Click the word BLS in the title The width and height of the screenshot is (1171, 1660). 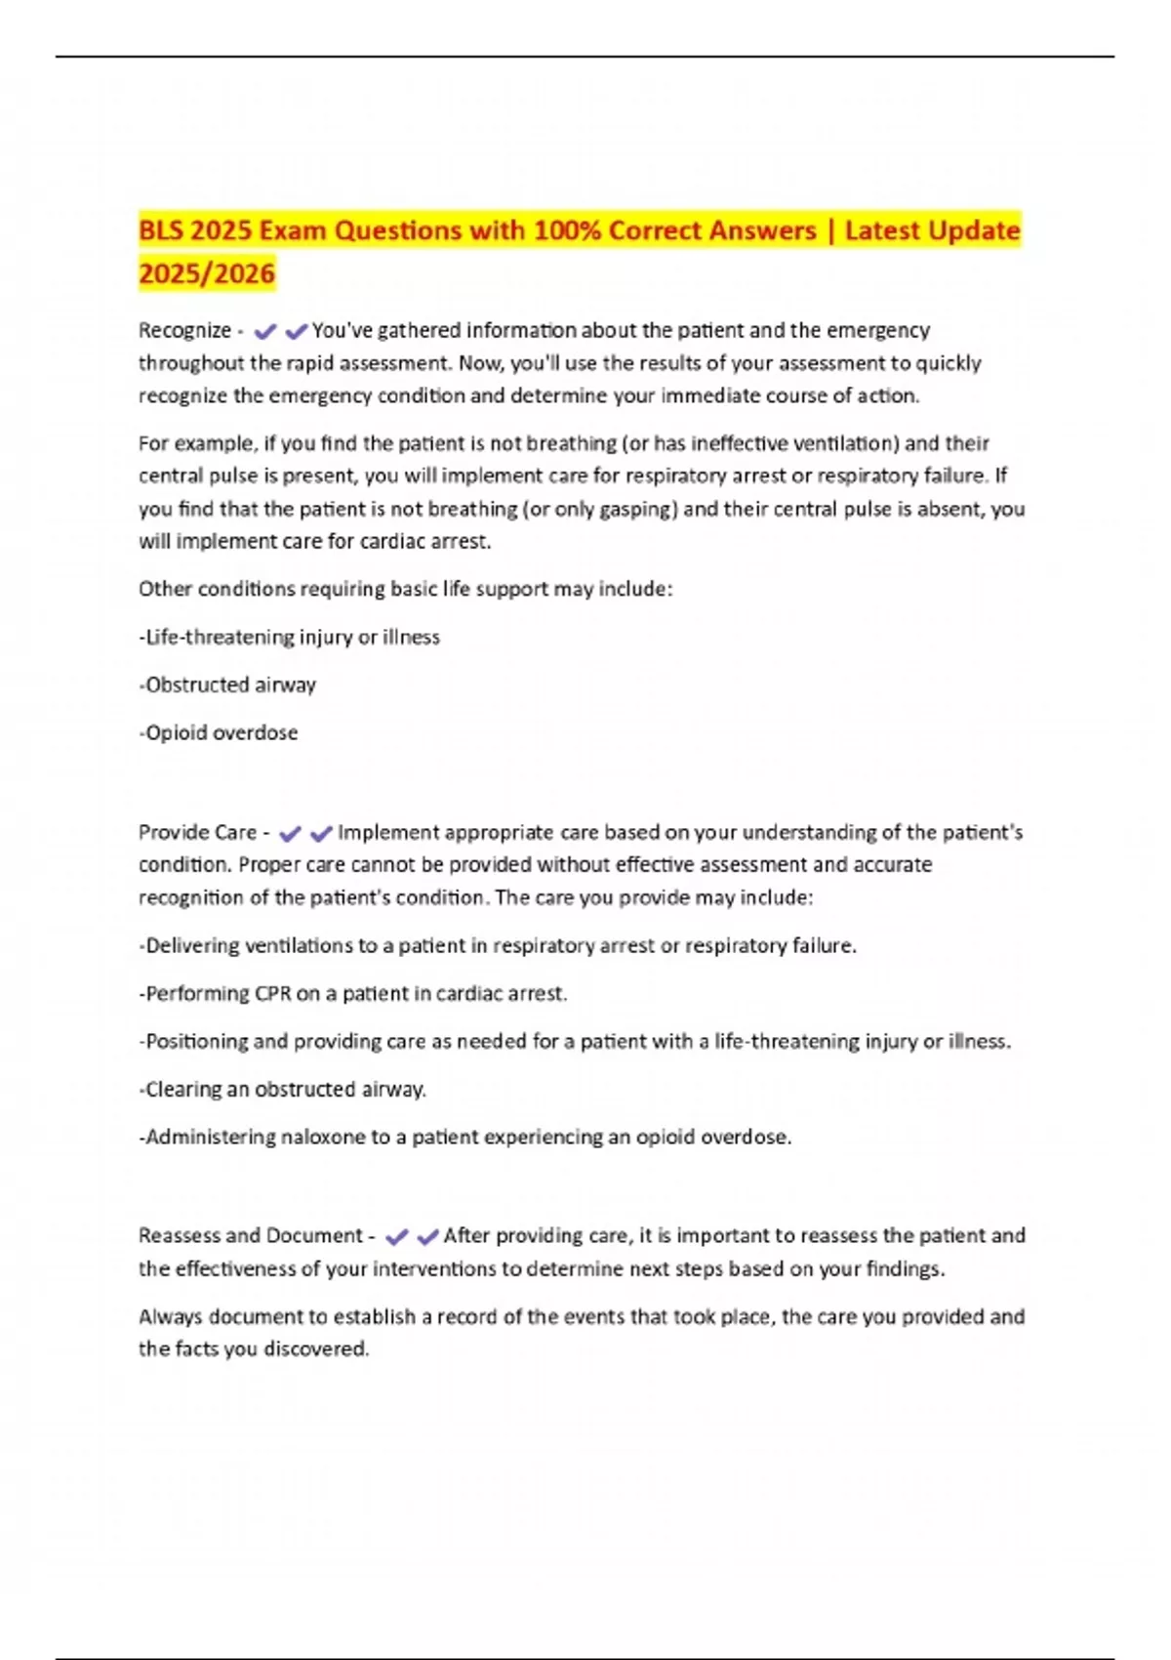point(161,231)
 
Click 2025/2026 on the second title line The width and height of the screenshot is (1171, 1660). point(207,273)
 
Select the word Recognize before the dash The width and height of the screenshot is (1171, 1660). point(184,331)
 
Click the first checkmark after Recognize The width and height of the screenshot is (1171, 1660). point(264,332)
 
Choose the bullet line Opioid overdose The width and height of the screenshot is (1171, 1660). point(221,733)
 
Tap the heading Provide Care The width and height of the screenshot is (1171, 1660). point(197,833)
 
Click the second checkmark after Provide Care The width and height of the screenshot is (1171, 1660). point(321,834)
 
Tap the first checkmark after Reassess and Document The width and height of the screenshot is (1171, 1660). point(395,1237)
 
